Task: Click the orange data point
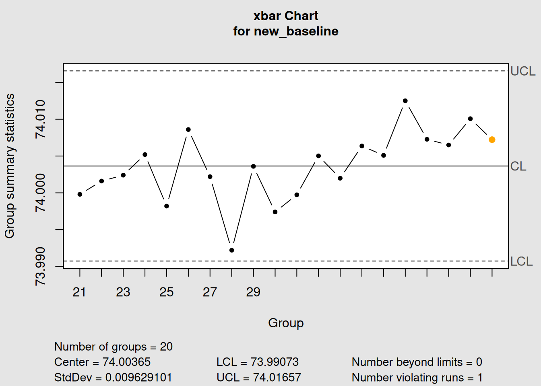tap(492, 140)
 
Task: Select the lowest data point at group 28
tap(232, 250)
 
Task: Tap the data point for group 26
tap(188, 129)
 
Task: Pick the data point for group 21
tap(80, 194)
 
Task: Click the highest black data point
tap(405, 101)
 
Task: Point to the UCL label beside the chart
tap(522, 71)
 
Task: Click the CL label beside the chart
tap(518, 166)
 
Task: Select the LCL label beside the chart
tap(521, 261)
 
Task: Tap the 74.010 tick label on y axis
tap(40, 119)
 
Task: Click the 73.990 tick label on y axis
tap(40, 266)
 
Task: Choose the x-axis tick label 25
tap(166, 292)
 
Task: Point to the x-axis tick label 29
tap(253, 292)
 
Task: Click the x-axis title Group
tap(286, 323)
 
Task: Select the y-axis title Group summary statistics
tap(10, 166)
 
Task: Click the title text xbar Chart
tap(286, 16)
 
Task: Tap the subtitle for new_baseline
tap(286, 31)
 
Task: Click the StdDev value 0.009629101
tap(138, 378)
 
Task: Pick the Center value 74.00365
tap(126, 362)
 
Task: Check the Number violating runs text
tap(417, 378)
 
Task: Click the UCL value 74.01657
tap(277, 378)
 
